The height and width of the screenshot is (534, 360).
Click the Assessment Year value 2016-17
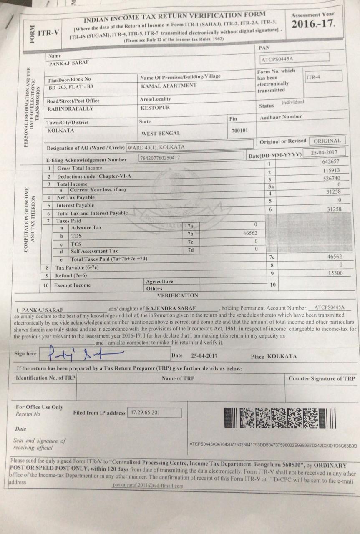coord(313,24)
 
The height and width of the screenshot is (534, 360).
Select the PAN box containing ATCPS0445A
coord(295,58)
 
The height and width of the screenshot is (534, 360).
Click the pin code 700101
coord(239,131)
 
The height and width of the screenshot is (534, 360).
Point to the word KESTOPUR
coord(155,108)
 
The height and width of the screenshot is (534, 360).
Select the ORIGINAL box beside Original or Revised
coord(327,141)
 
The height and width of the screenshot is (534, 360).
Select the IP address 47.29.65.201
coord(154,413)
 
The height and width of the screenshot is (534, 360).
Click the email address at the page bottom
coord(148,486)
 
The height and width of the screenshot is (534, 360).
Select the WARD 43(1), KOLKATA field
coord(190,147)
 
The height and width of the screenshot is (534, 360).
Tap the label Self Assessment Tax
coord(95,251)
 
